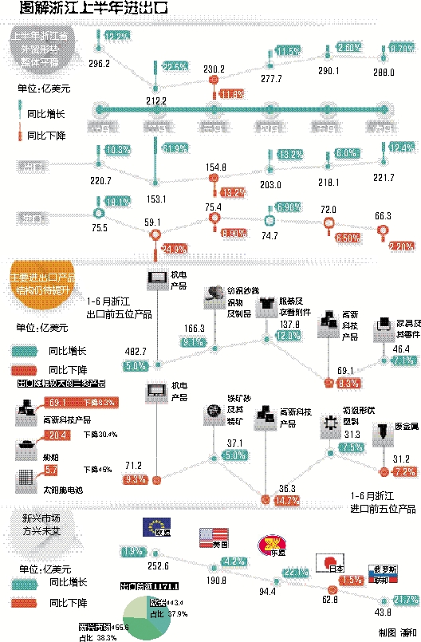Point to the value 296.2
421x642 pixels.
pos(100,62)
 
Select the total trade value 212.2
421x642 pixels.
pos(155,100)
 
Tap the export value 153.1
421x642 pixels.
pos(156,199)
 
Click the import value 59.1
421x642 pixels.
pos(152,224)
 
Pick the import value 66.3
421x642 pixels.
pos(384,216)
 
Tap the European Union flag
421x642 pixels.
pos(154,526)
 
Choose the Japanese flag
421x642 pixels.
pos(330,562)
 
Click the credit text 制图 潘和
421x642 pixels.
pos(396,632)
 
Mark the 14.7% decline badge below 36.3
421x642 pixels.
pos(264,500)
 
